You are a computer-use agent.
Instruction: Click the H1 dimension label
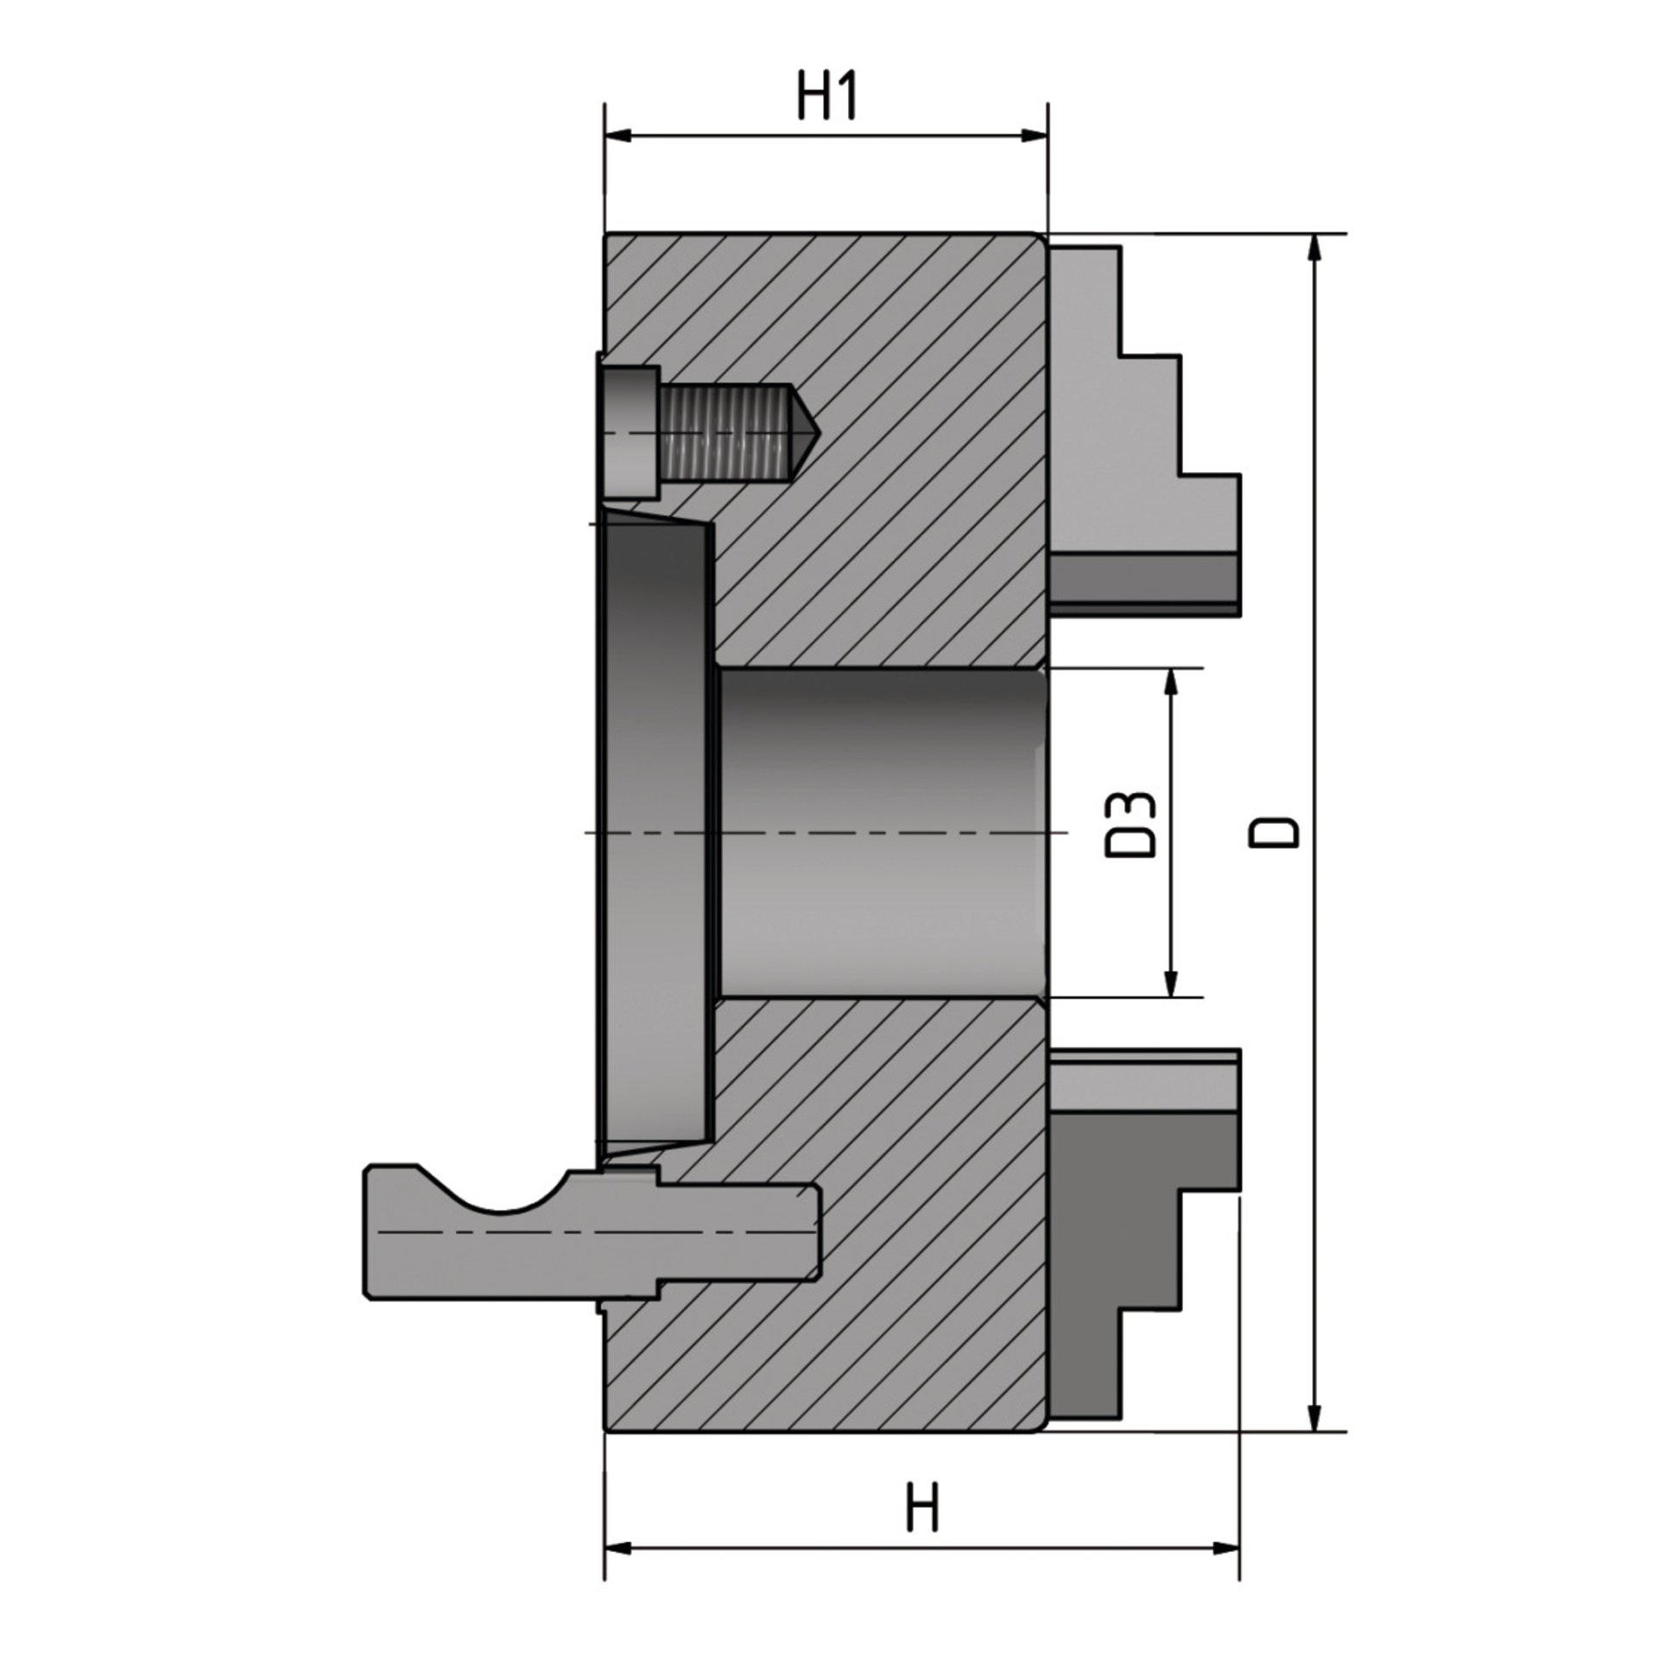[826, 97]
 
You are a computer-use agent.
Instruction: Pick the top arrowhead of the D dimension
[1314, 249]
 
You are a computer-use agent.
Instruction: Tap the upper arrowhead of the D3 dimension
[1171, 683]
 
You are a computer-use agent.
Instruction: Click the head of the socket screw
[630, 432]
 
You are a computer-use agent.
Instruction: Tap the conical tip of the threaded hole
[801, 432]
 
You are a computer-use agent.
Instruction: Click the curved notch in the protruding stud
[495, 1192]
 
